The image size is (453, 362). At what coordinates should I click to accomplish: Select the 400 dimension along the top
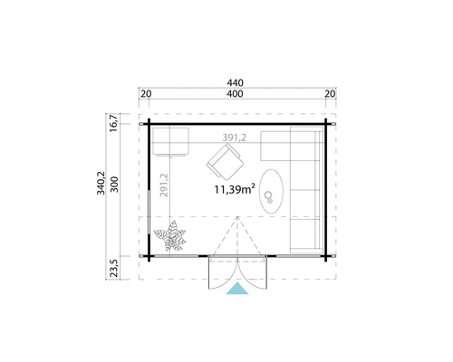click(235, 94)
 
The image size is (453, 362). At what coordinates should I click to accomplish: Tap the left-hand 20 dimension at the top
click(147, 94)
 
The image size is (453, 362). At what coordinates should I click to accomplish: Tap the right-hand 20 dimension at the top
click(329, 94)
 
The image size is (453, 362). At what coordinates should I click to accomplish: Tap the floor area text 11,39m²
click(234, 190)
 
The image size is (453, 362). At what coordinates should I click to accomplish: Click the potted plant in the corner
click(171, 239)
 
